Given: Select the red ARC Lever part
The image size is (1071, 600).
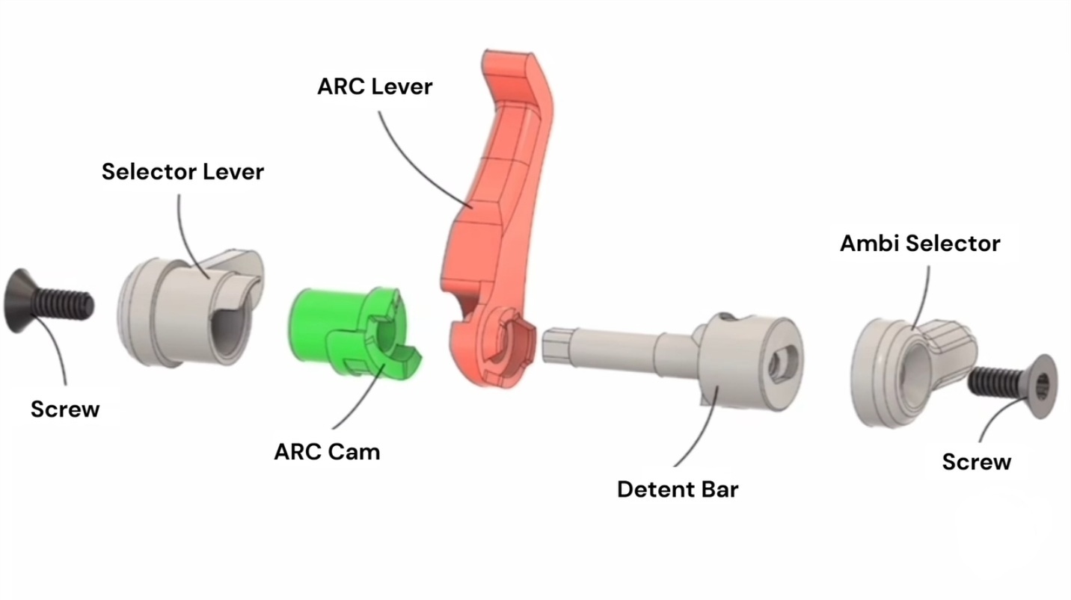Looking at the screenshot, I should coord(486,224).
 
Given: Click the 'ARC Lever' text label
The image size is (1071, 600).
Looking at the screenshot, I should coord(375,87).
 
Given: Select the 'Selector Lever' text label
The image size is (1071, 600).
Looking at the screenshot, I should coord(182,172).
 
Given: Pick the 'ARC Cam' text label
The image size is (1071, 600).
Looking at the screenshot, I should coord(327,452).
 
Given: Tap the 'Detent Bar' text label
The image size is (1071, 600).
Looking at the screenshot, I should coord(678,490).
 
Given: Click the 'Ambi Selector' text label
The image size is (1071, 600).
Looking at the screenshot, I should coord(920,244).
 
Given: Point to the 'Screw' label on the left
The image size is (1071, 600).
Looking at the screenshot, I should coord(65,409).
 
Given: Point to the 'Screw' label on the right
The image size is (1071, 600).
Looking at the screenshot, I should coord(976,462).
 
